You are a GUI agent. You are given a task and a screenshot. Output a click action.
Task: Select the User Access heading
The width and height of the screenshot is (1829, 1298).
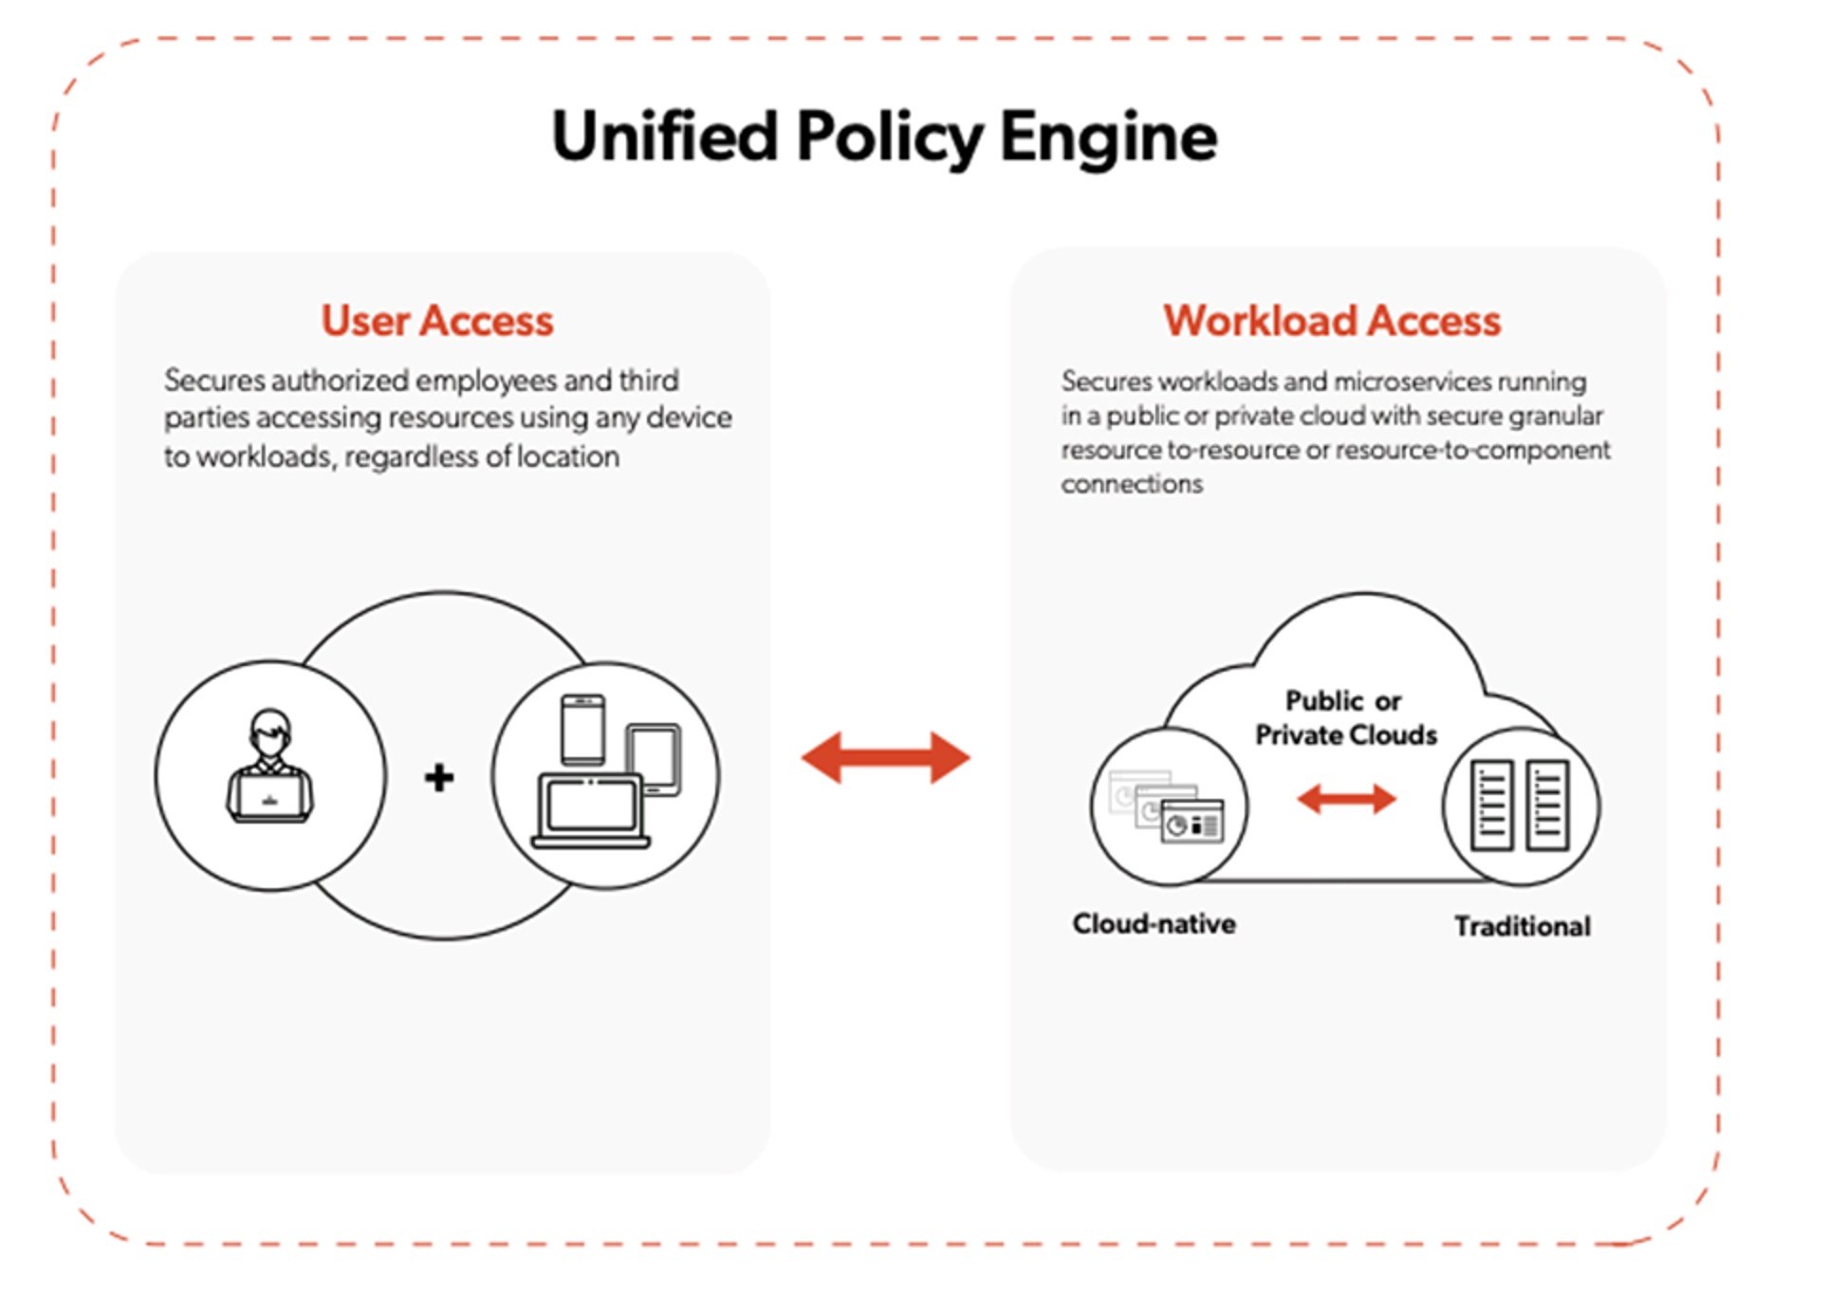point(436,321)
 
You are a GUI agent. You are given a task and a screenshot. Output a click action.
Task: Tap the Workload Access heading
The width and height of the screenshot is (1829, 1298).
point(1331,321)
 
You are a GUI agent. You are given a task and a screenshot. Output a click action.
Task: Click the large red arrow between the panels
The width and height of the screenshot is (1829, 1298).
point(885,757)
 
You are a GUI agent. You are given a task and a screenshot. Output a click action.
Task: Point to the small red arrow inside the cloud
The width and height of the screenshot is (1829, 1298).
point(1345,799)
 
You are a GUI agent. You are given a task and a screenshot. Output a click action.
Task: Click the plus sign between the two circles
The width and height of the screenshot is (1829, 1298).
point(438,777)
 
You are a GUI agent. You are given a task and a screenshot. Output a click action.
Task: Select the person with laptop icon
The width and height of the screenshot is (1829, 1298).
point(270,769)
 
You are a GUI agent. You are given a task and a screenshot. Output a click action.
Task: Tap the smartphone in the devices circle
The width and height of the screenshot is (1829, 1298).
point(582,729)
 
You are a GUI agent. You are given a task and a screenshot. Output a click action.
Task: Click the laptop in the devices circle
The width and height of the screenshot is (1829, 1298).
point(590,812)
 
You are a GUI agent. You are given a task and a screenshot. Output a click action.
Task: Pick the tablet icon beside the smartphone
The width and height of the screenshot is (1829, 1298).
point(655,759)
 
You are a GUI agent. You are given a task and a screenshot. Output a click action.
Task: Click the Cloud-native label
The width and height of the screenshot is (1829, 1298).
point(1154,923)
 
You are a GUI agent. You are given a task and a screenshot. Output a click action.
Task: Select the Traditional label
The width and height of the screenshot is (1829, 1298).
point(1522,926)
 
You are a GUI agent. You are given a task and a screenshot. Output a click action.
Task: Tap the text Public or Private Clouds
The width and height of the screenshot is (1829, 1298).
point(1344,718)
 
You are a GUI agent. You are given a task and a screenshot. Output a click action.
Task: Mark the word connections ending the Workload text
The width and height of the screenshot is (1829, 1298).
point(1131,485)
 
